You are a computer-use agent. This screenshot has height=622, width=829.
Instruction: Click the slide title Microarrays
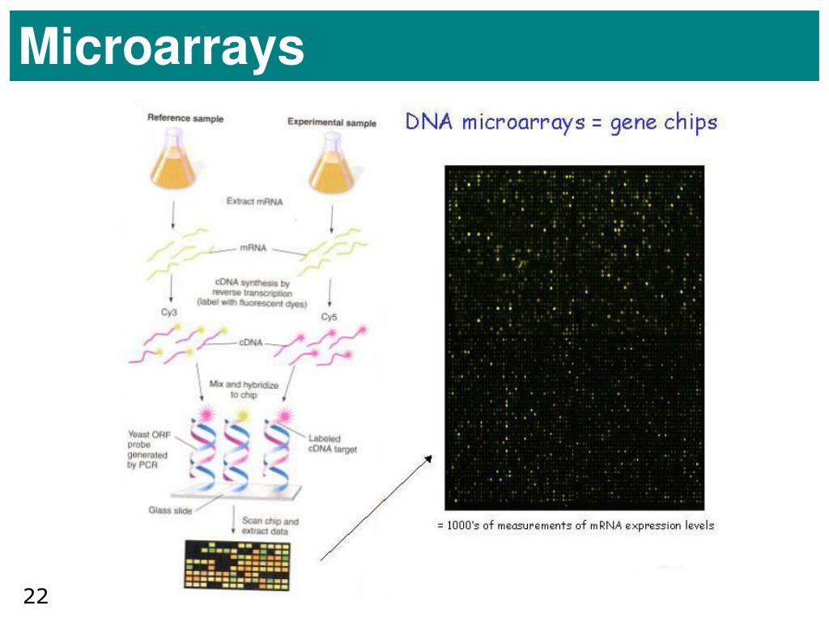pos(161,47)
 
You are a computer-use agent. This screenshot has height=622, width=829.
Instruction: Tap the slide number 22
pos(36,596)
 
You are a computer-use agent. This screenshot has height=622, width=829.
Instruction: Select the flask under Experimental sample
pos(332,163)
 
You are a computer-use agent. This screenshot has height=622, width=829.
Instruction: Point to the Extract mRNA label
pos(254,202)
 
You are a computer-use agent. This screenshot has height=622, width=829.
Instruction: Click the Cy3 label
pos(168,312)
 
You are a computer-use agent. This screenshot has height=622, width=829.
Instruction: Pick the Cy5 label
pos(329,317)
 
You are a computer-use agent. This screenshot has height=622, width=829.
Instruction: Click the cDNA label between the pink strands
pos(251,343)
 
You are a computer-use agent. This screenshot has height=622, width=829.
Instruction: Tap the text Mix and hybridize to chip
pos(244,390)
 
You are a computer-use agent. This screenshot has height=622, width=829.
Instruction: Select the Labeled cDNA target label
pos(333,444)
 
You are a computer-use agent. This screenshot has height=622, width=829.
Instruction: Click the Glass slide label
pos(170,510)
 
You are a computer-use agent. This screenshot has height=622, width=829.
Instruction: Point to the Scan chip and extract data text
pos(270,526)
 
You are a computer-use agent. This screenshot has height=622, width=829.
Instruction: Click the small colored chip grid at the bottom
pos(237,565)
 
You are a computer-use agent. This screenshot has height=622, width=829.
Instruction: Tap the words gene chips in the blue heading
pos(664,123)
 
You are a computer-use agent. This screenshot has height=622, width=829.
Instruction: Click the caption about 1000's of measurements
pos(576,525)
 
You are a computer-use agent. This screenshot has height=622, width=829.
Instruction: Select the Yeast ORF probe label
pos(149,449)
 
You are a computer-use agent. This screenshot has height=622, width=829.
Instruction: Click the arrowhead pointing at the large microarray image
pos(428,458)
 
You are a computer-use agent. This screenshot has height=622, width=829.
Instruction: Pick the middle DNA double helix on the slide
pos(236,452)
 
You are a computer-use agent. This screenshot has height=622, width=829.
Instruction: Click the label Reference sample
pos(185,118)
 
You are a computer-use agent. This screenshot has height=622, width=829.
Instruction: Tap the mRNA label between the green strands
pos(253,248)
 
